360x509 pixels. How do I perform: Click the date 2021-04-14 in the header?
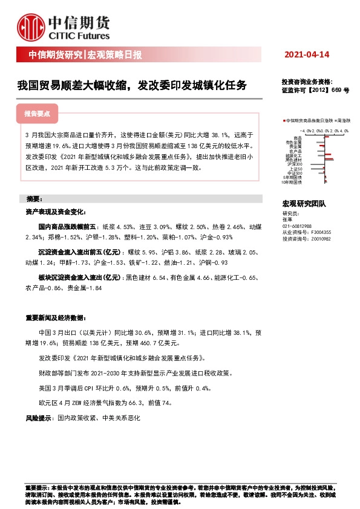[x=306, y=55]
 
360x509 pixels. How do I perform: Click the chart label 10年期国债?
[x=293, y=181]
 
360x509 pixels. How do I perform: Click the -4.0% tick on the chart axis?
[x=305, y=131]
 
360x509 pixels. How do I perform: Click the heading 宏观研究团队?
[x=304, y=206]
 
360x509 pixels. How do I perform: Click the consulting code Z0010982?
[x=319, y=239]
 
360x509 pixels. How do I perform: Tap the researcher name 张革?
[x=287, y=220]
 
